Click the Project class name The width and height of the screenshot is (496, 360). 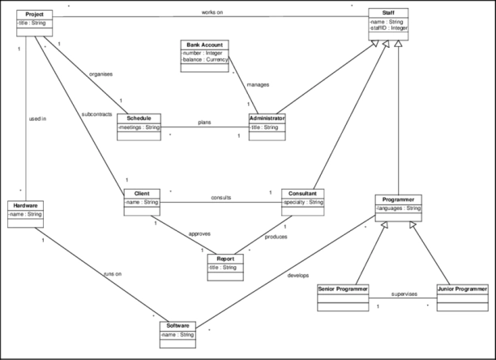tap(34, 14)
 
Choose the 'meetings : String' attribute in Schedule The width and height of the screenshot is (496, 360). tap(139, 126)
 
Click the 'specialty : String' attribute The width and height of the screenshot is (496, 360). tap(303, 201)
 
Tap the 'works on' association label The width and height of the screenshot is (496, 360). tap(213, 11)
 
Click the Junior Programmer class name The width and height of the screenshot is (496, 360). tap(463, 289)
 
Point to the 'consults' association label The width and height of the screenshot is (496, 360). tap(221, 196)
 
